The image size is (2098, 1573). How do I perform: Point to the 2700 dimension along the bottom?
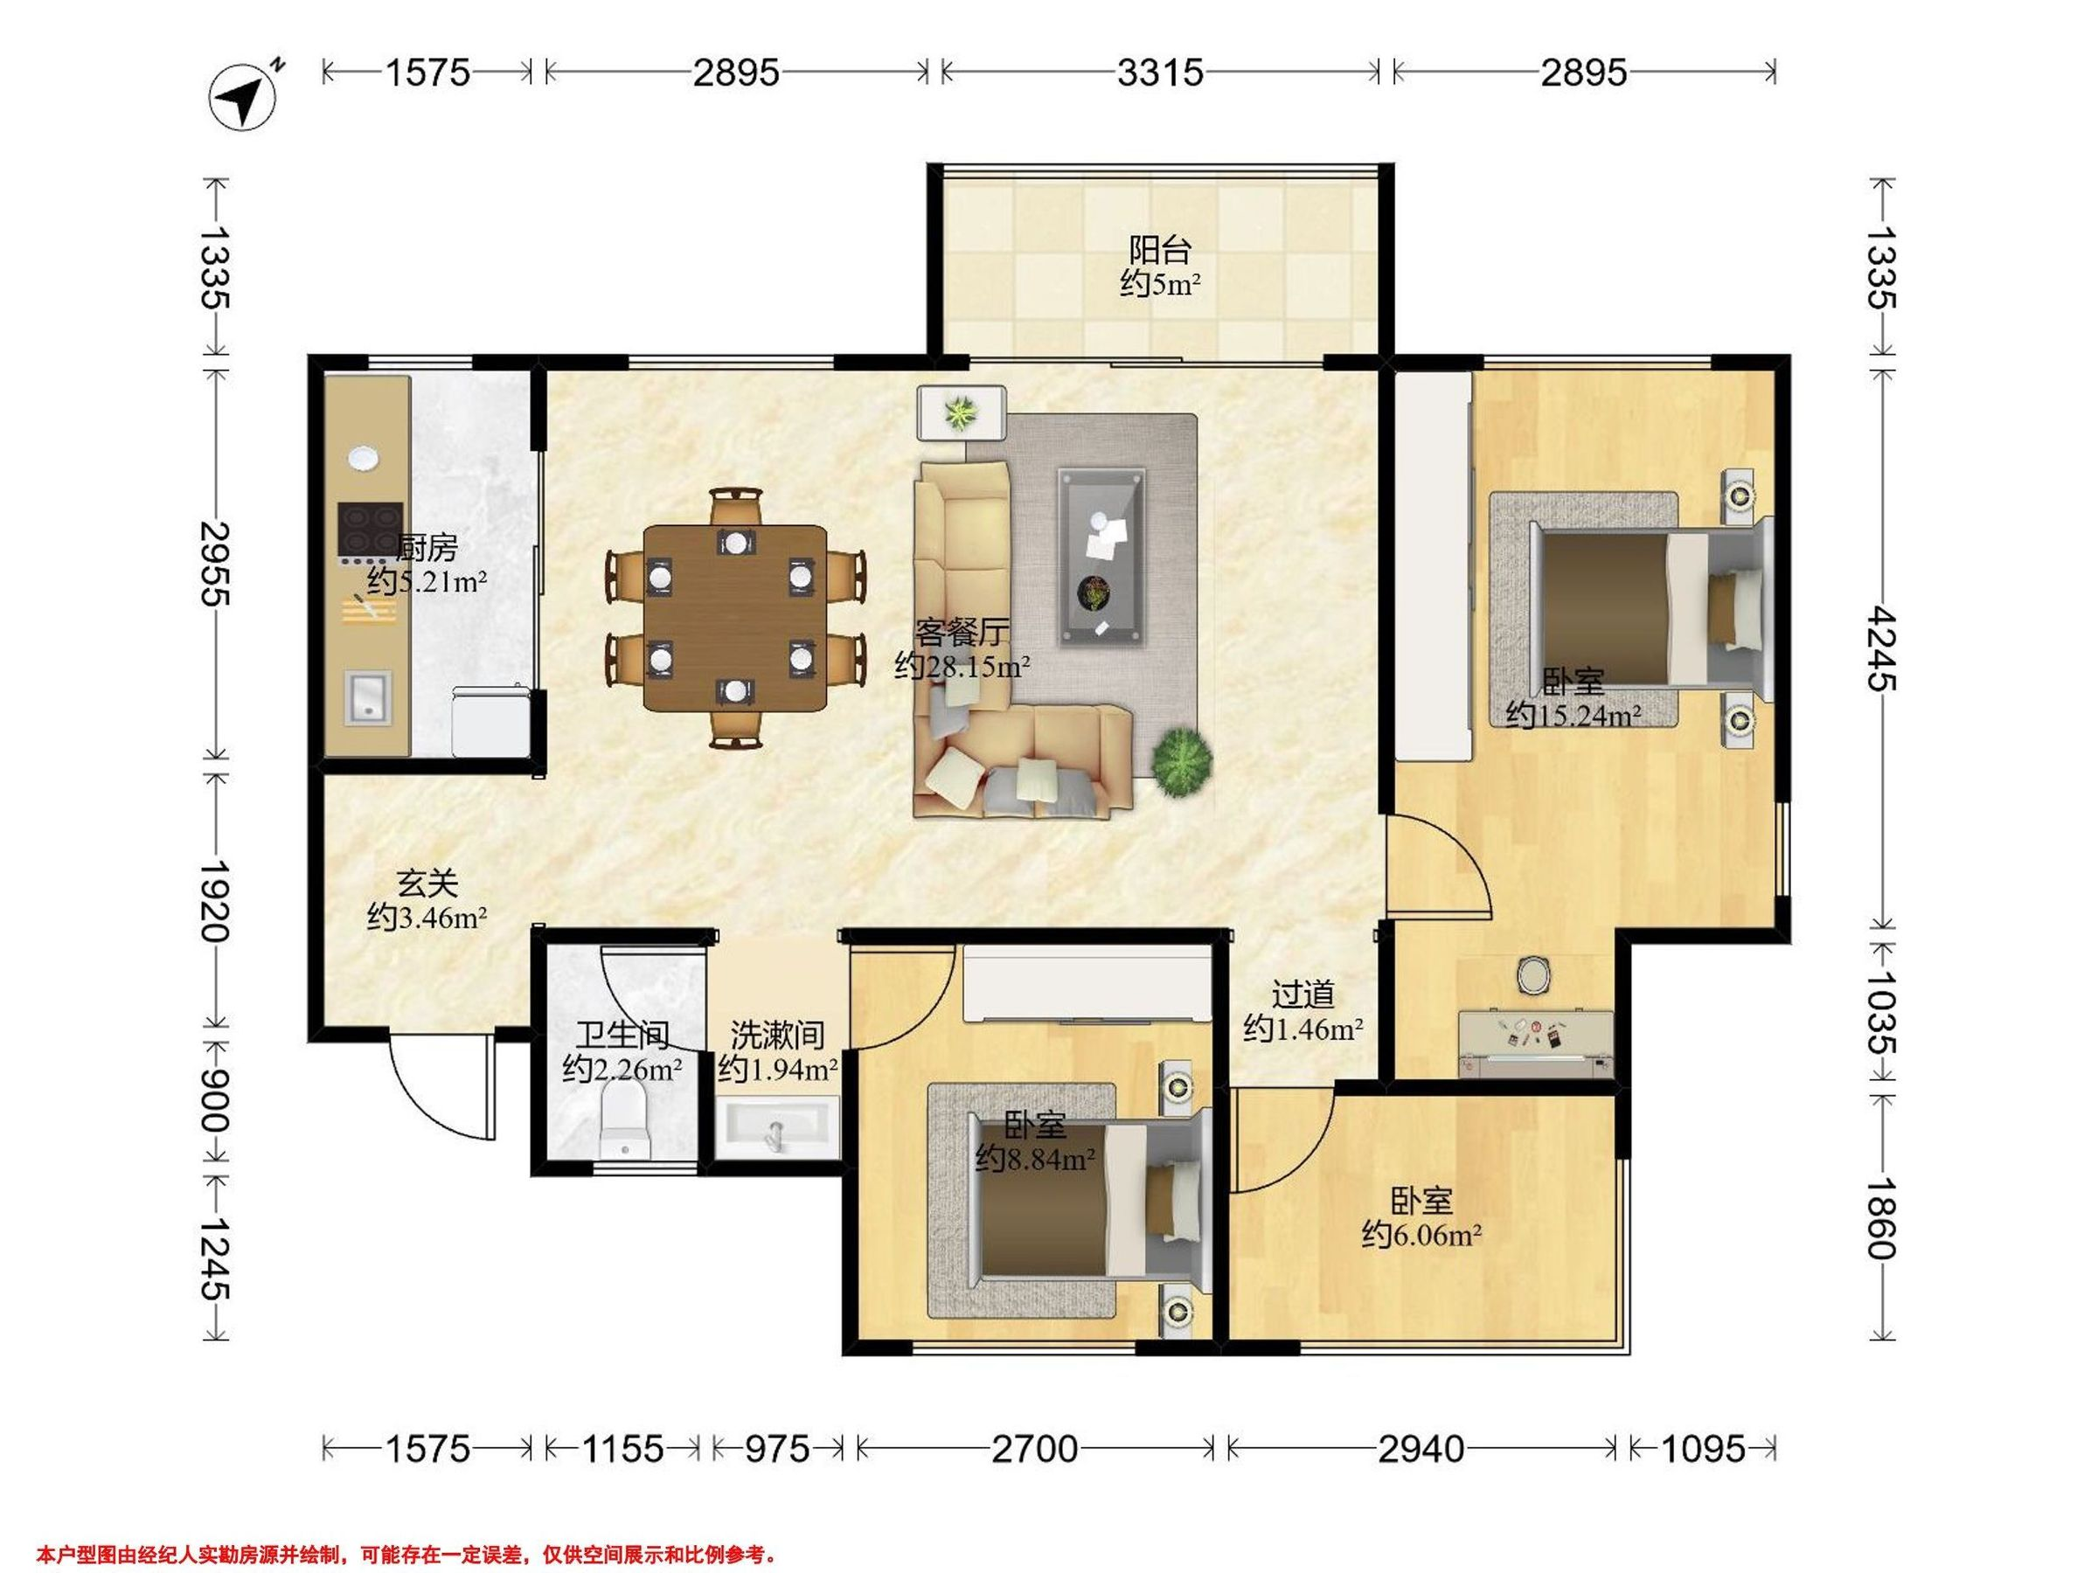coord(1035,1449)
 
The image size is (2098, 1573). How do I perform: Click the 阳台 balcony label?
coord(1160,250)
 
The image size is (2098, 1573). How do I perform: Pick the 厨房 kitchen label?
coord(427,548)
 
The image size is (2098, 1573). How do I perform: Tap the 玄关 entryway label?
coord(427,884)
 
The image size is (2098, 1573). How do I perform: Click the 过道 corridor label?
coord(1303,994)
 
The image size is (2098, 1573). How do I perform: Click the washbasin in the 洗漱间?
coord(777,1127)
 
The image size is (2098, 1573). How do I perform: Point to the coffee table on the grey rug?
coord(1101,556)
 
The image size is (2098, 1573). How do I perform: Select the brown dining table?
coord(735,617)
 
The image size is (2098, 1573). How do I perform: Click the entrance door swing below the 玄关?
coord(442,1087)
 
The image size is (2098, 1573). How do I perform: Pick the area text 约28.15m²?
coord(962,667)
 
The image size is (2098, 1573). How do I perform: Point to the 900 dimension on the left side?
coord(215,1100)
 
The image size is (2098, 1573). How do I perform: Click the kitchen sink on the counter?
coord(368,698)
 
